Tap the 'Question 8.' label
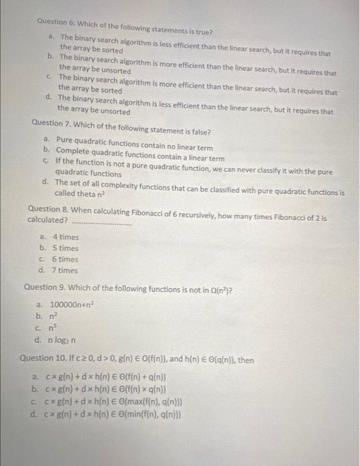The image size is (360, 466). (x=49, y=209)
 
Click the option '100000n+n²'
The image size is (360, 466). (x=73, y=304)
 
